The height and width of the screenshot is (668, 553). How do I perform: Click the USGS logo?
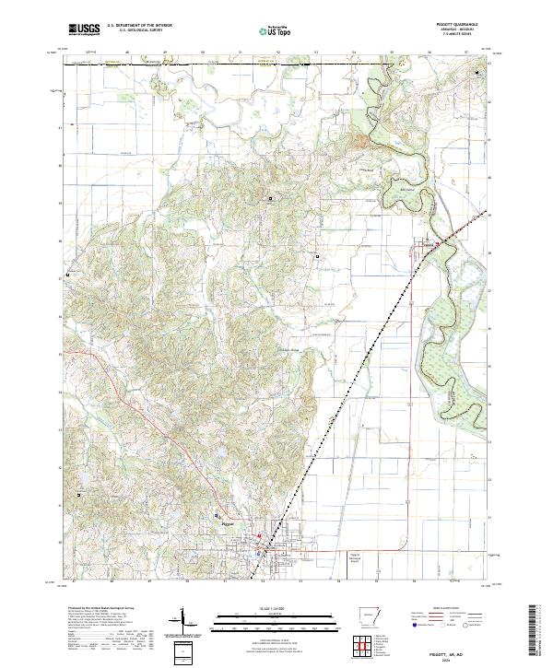[x=84, y=29]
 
